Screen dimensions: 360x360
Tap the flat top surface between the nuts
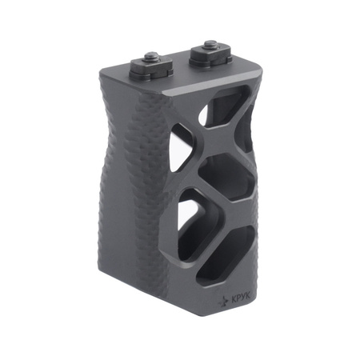tap(180, 67)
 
